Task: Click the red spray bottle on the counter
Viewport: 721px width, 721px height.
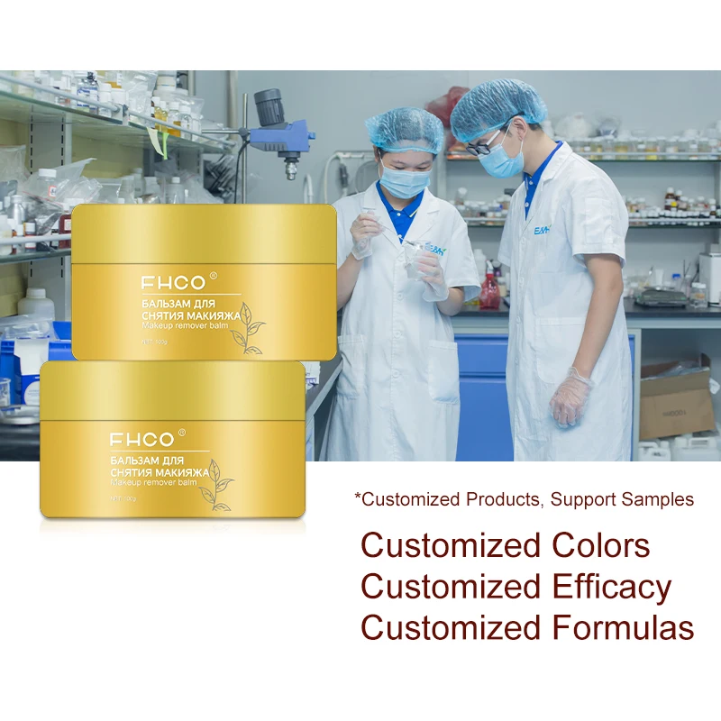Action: pyautogui.click(x=489, y=290)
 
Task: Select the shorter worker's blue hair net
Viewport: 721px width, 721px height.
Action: pyautogui.click(x=405, y=132)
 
